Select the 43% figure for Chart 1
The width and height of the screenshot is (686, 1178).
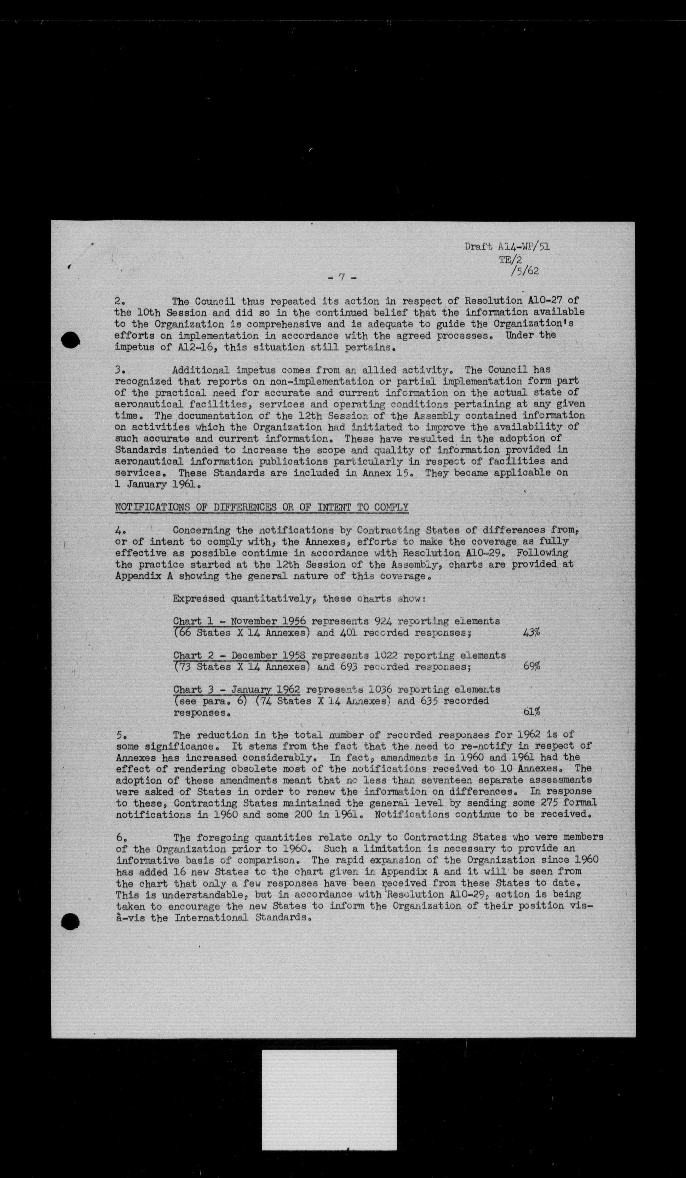click(531, 633)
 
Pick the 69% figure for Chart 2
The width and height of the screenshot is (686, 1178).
click(531, 667)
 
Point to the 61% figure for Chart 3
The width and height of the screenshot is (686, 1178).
click(531, 712)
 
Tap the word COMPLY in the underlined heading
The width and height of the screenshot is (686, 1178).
click(391, 507)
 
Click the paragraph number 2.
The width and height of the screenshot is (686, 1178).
click(118, 301)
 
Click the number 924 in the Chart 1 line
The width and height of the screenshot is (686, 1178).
click(384, 621)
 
